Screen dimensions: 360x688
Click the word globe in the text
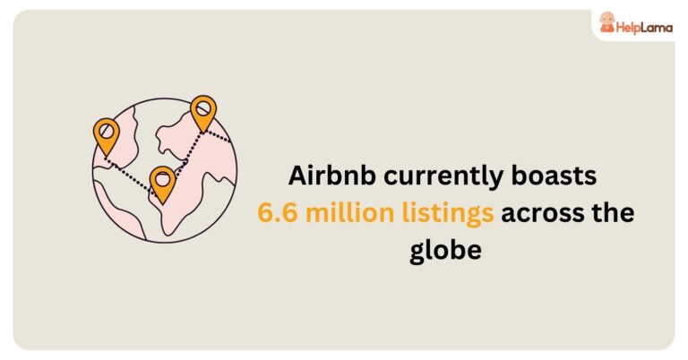click(445, 251)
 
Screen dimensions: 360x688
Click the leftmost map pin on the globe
click(106, 135)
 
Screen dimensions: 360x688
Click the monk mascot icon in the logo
click(607, 23)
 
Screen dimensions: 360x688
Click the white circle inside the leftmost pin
click(106, 131)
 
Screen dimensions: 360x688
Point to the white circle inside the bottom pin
click(162, 178)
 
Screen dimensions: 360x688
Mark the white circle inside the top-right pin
click(203, 107)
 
